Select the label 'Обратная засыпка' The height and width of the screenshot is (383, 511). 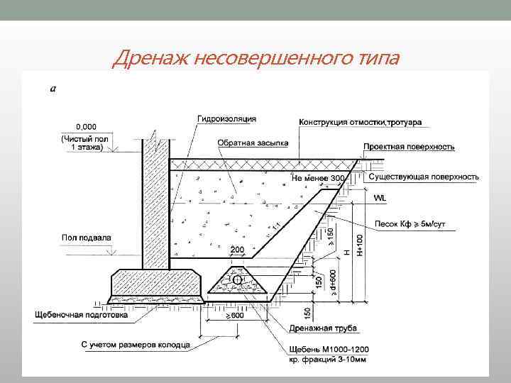click(x=253, y=143)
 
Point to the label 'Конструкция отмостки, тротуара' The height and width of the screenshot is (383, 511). click(x=361, y=122)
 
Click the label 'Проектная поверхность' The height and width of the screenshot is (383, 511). click(x=409, y=147)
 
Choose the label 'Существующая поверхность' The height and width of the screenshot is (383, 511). click(x=423, y=177)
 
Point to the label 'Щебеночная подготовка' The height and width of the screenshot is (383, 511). click(x=82, y=313)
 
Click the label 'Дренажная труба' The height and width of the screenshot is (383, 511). click(x=323, y=328)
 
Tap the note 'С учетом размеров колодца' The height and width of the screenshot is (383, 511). click(x=136, y=345)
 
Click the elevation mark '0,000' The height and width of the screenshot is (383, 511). click(x=74, y=126)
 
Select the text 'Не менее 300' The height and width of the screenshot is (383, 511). click(x=319, y=178)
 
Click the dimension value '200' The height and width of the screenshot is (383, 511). click(x=237, y=250)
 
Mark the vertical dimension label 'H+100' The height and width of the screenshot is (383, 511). click(x=360, y=245)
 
